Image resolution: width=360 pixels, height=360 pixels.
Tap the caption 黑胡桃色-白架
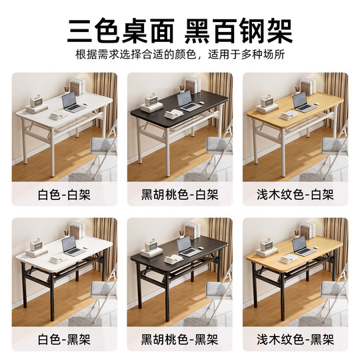pyautogui.click(x=179, y=195)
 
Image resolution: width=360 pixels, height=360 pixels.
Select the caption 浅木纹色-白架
pyautogui.click(x=295, y=195)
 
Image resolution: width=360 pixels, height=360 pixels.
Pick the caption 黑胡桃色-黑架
pyautogui.click(x=179, y=339)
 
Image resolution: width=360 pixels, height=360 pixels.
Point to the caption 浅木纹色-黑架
pyautogui.click(x=295, y=339)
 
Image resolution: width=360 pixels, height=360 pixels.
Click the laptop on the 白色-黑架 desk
pyautogui.click(x=72, y=246)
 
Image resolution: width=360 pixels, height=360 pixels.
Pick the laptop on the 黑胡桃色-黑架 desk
pyautogui.click(x=187, y=246)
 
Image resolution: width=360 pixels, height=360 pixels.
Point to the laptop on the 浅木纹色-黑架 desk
pyautogui.click(x=303, y=246)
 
